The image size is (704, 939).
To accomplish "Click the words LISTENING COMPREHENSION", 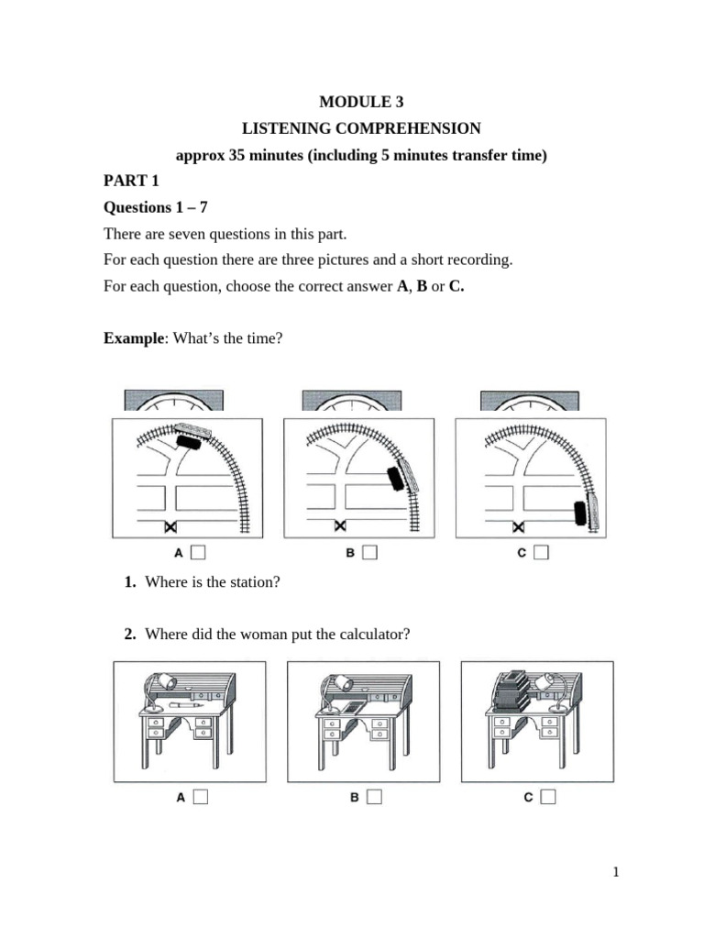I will coord(360,129).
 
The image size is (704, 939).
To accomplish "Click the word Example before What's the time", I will coord(133,338).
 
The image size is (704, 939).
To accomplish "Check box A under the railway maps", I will coord(199,552).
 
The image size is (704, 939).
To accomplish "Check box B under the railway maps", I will coord(370,552).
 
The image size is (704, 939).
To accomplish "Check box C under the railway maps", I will coord(542,552).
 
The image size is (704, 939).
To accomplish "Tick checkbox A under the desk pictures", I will coord(200,797).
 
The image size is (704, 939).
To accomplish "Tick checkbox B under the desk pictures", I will coord(373,797).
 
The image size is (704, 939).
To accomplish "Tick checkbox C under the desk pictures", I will coord(547,797).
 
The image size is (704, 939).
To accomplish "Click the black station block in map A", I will coord(188,441).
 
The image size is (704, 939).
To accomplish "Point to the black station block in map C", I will coord(579,513).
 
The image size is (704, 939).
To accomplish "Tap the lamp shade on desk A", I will coord(165,682).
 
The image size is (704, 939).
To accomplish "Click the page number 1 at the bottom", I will coord(617,872).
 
